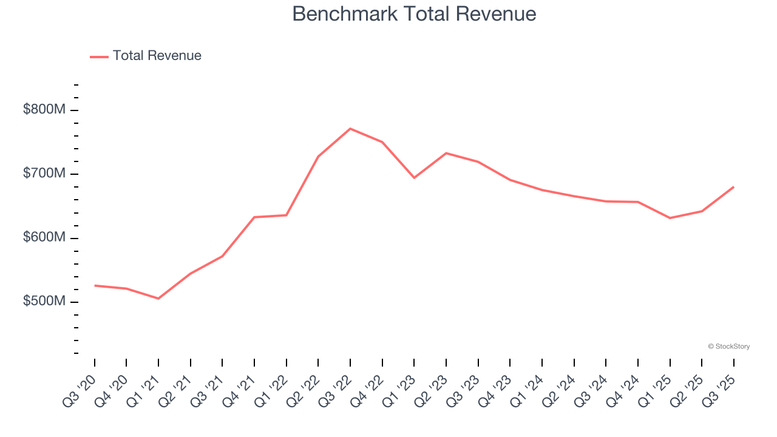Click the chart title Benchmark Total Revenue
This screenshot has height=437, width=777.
[414, 14]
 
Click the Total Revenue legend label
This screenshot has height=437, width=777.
[157, 56]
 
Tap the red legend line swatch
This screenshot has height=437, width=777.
[99, 56]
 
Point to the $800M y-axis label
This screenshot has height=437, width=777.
[44, 110]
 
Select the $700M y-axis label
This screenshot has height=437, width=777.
[44, 174]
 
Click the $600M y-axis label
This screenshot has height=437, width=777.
[44, 238]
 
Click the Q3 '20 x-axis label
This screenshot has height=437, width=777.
[80, 390]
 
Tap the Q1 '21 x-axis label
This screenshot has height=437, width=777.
[143, 390]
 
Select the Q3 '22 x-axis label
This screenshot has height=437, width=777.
[335, 390]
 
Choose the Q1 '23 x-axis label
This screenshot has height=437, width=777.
[399, 390]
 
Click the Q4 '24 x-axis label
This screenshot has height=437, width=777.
[623, 390]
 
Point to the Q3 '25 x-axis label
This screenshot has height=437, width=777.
[719, 390]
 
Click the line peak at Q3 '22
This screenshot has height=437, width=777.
[350, 129]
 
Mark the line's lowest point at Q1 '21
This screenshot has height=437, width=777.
[158, 299]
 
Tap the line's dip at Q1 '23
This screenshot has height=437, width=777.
[414, 178]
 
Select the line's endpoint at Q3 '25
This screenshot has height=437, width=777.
[733, 187]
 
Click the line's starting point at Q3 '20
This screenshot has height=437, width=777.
[95, 285]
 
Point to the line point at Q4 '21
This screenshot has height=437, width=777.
[254, 217]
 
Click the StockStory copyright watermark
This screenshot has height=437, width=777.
[728, 347]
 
